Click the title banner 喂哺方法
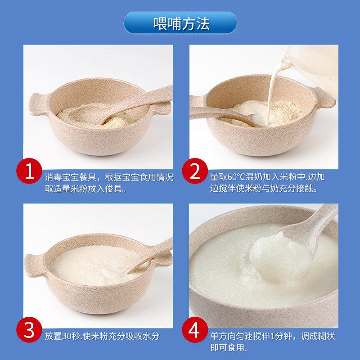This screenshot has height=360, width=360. click(180, 23)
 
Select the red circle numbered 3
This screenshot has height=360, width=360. click(29, 331)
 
